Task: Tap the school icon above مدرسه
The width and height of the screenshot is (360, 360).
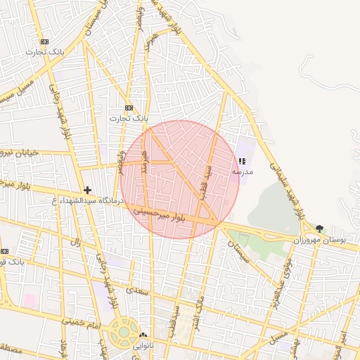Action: pos(242,162)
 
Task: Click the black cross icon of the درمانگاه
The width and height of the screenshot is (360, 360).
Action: pos(87,190)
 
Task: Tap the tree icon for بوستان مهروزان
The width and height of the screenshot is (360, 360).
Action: pos(321,229)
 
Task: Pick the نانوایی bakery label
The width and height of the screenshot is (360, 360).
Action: pos(144,345)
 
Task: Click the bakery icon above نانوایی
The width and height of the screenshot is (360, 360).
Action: pos(144,335)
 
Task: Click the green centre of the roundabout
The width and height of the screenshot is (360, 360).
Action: pos(124,331)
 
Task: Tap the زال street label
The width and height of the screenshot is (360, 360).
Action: pos(75,242)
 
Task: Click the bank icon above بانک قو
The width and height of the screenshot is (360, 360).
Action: pos(5,252)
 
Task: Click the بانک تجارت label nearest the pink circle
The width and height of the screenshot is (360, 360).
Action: pos(129,118)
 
